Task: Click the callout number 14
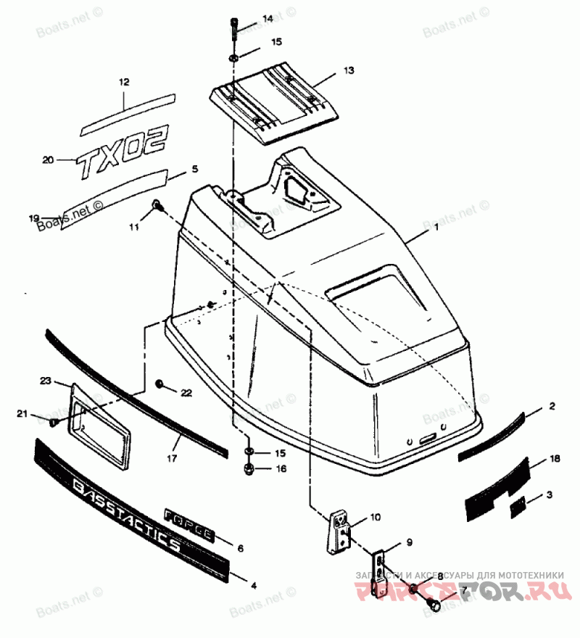click(x=248, y=18)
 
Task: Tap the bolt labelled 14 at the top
click(x=234, y=28)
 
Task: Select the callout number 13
click(x=349, y=70)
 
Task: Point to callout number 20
click(x=48, y=159)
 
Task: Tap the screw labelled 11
click(x=157, y=207)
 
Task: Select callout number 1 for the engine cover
click(x=436, y=228)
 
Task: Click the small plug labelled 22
click(x=160, y=384)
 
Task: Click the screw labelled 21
click(x=54, y=421)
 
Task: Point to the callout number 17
click(x=173, y=459)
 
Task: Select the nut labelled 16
click(x=248, y=470)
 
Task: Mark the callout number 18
click(x=554, y=460)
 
